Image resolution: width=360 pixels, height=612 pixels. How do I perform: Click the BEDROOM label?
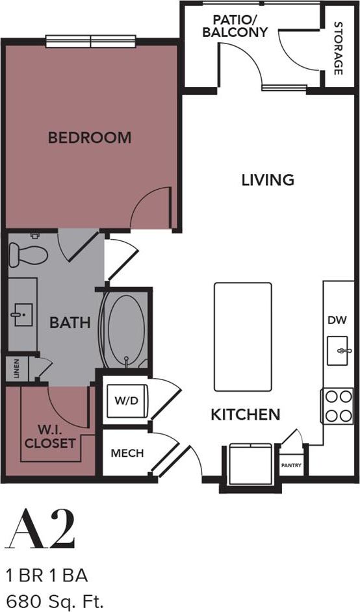90,138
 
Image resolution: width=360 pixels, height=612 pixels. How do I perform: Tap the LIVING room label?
268,180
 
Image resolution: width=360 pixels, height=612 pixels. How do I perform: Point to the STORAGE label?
338,48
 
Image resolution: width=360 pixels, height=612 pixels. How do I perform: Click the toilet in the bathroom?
28,253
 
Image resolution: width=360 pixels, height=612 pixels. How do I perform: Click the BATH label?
70,322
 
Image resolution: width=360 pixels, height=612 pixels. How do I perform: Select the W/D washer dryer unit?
127,400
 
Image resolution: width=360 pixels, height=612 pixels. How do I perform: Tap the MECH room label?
127,453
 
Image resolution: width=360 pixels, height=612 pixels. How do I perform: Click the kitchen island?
242,337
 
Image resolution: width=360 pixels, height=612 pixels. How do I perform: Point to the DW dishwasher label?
337,320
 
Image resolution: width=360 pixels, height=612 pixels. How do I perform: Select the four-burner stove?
337,406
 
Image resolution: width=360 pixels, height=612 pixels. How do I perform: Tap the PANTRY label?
290,465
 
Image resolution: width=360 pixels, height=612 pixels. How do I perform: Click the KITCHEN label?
245,414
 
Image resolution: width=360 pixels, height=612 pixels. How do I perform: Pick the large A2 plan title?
40,529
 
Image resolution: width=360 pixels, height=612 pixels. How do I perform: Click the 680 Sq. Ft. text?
55,598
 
